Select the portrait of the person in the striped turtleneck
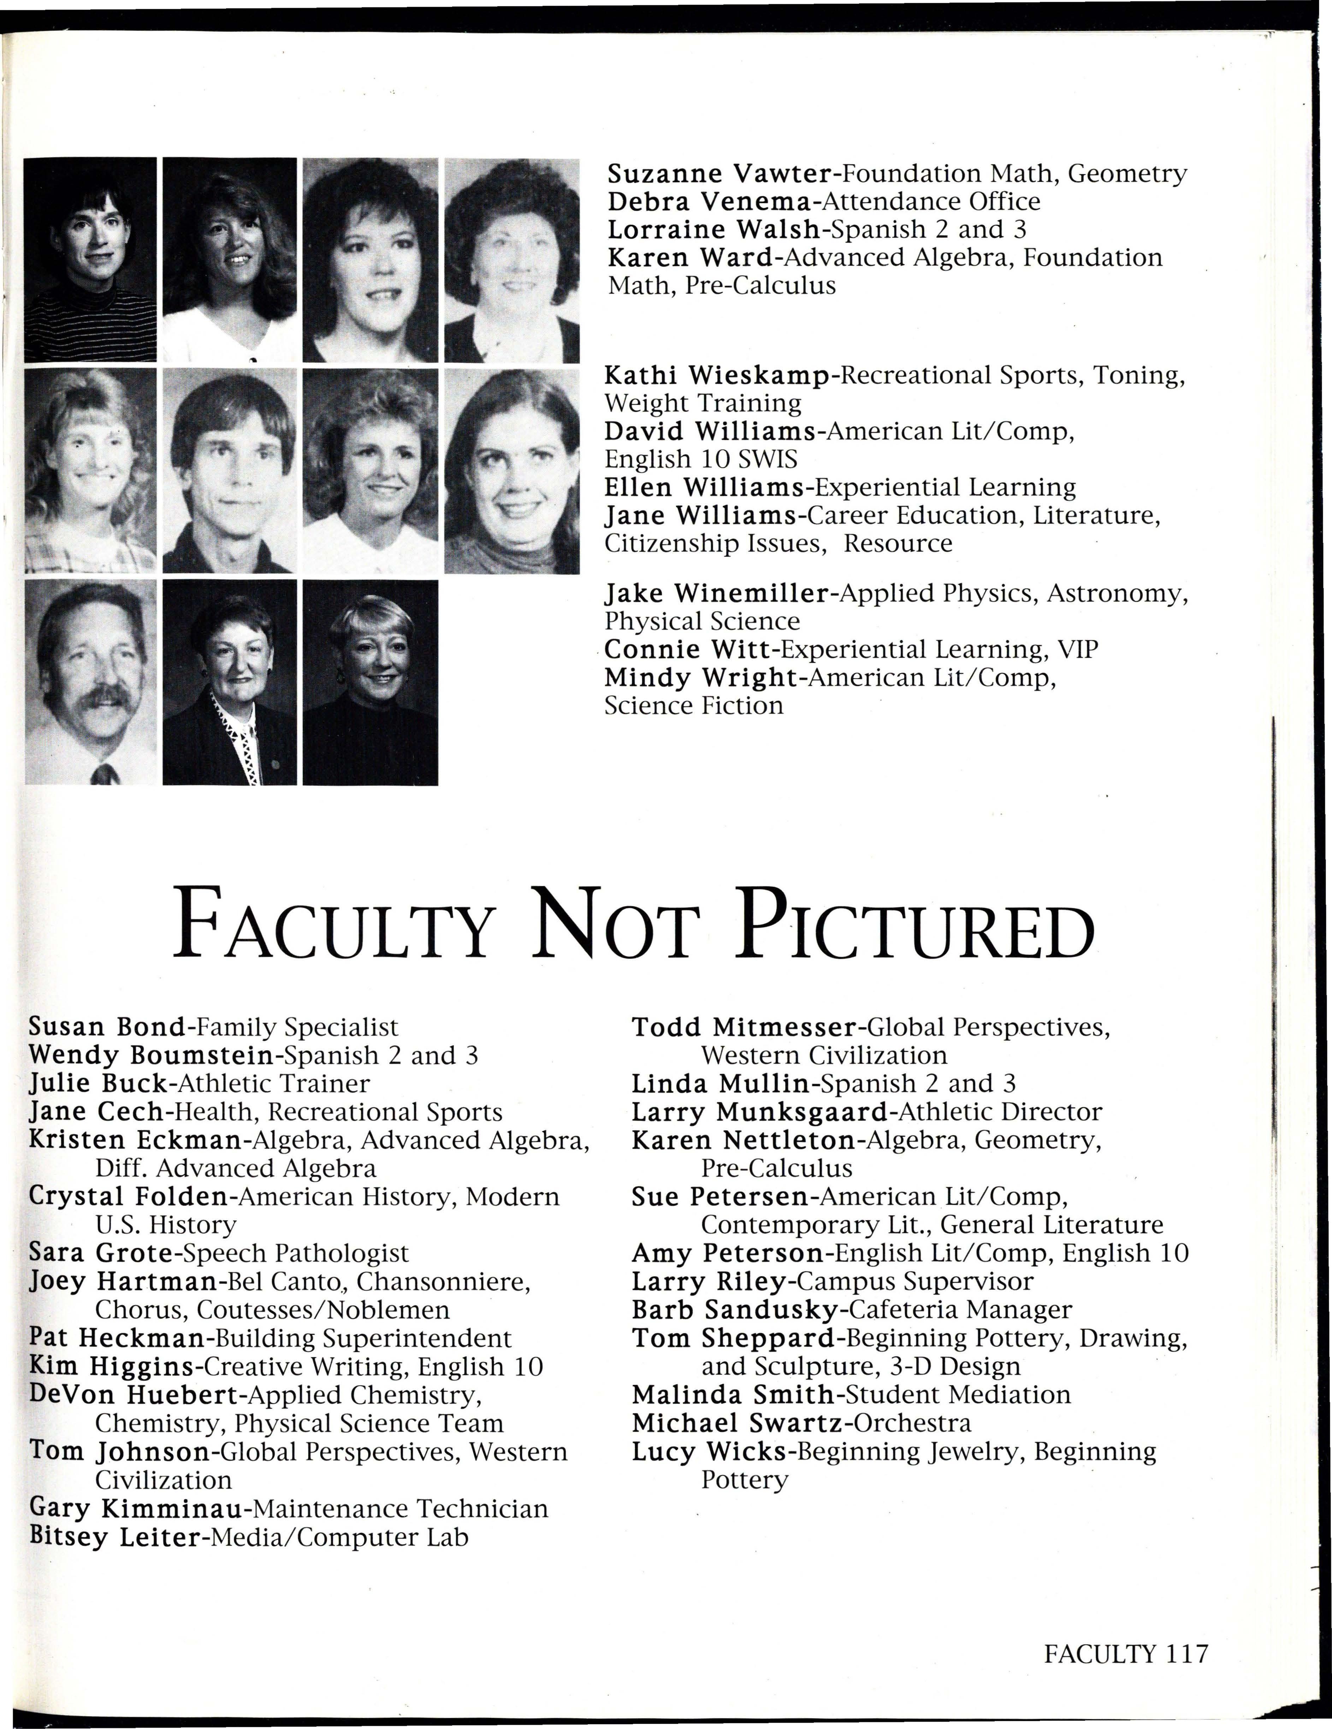(x=90, y=260)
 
